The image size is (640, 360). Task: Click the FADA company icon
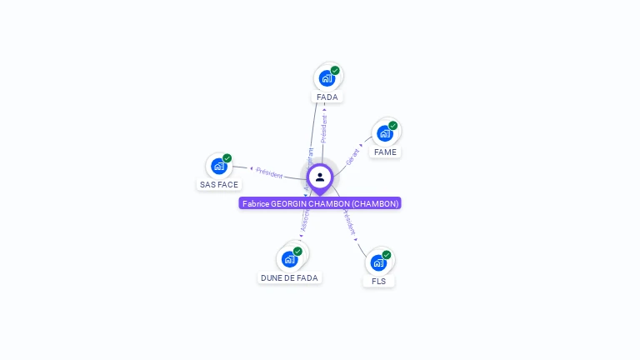327,77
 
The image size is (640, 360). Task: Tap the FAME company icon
384,132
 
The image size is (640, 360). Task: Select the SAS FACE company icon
219,166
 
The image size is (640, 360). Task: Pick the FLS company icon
378,262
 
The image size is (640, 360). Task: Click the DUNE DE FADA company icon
289,258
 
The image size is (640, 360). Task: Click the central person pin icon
320,177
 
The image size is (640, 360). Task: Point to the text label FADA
327,97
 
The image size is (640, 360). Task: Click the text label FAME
385,152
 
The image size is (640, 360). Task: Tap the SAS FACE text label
219,185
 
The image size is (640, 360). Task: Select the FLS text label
379,282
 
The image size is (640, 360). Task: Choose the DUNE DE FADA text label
289,277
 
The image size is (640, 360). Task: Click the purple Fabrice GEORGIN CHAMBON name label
320,203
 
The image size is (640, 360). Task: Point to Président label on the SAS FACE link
269,172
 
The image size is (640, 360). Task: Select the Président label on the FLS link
350,222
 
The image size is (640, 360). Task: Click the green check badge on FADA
335,70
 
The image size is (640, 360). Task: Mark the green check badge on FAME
392,126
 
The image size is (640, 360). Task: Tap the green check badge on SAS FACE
227,158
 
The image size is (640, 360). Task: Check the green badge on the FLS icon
387,255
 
